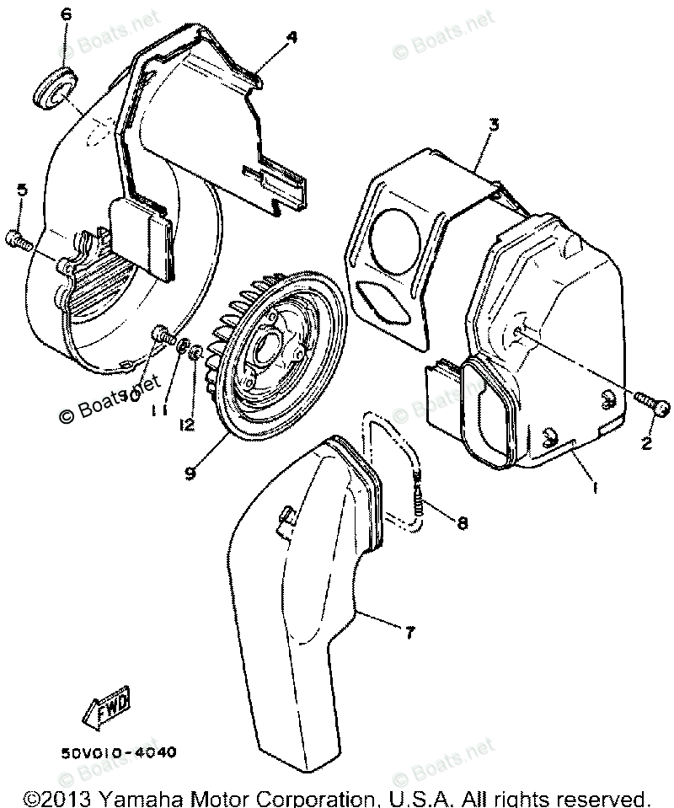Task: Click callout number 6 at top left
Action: [67, 16]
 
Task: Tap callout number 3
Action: [494, 123]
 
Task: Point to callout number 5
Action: [22, 190]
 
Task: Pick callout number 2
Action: [647, 441]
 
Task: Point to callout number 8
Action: [463, 523]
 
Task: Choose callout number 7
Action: [409, 631]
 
